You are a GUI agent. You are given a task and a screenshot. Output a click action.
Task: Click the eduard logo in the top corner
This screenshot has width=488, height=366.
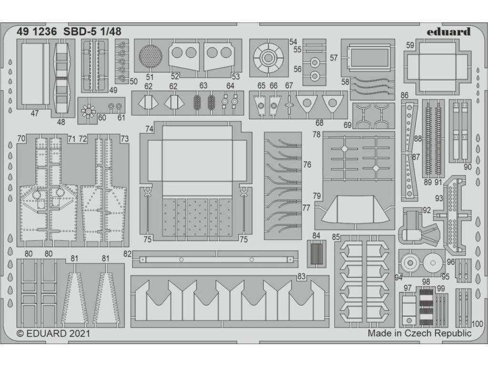448,32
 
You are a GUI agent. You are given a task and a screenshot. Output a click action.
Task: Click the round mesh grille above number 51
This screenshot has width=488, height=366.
150,56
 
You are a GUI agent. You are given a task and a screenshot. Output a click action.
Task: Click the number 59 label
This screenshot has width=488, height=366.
410,46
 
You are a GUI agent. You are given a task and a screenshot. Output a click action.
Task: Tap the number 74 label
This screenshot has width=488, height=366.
149,129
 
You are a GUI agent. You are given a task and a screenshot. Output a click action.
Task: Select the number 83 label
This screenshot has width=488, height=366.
301,276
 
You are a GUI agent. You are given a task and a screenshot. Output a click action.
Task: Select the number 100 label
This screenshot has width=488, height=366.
477,323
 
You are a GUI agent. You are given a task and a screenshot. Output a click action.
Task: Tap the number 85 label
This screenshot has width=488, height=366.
336,236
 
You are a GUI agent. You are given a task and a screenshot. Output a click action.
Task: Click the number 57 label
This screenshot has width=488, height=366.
334,58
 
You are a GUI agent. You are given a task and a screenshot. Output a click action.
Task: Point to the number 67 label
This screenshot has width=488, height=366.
289,85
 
